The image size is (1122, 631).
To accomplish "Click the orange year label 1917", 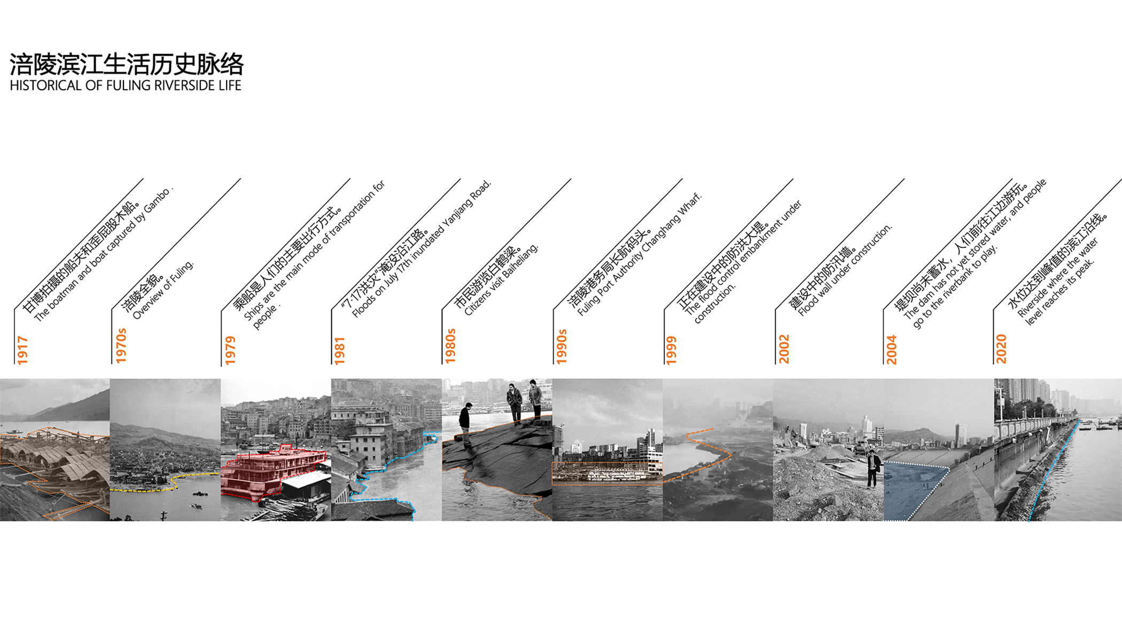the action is point(22,350).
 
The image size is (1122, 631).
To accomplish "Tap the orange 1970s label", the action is point(121,346).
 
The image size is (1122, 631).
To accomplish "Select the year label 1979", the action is point(230,350).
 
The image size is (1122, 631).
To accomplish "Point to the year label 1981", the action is point(340,350).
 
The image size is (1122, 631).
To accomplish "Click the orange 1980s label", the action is point(450,346).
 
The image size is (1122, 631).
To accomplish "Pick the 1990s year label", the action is point(562,347).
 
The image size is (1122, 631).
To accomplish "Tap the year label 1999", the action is point(672,350).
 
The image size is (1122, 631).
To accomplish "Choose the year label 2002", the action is point(784,349).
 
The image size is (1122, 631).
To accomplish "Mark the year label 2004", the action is point(892,350).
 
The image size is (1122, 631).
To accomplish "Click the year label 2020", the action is point(1001,349).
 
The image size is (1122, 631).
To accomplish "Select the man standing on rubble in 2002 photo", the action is point(873,469).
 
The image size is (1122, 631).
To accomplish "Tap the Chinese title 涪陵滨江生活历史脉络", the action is point(127,65).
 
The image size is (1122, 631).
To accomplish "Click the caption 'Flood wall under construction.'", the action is point(845,270).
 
